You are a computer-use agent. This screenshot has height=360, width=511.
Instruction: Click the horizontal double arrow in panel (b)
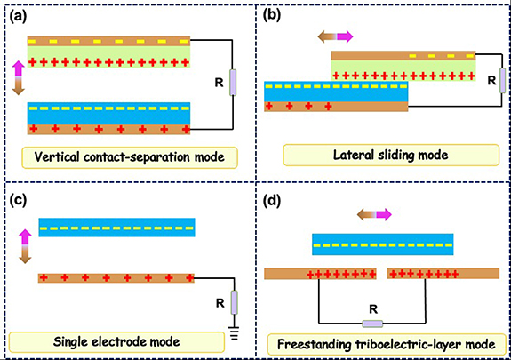coord(331,36)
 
